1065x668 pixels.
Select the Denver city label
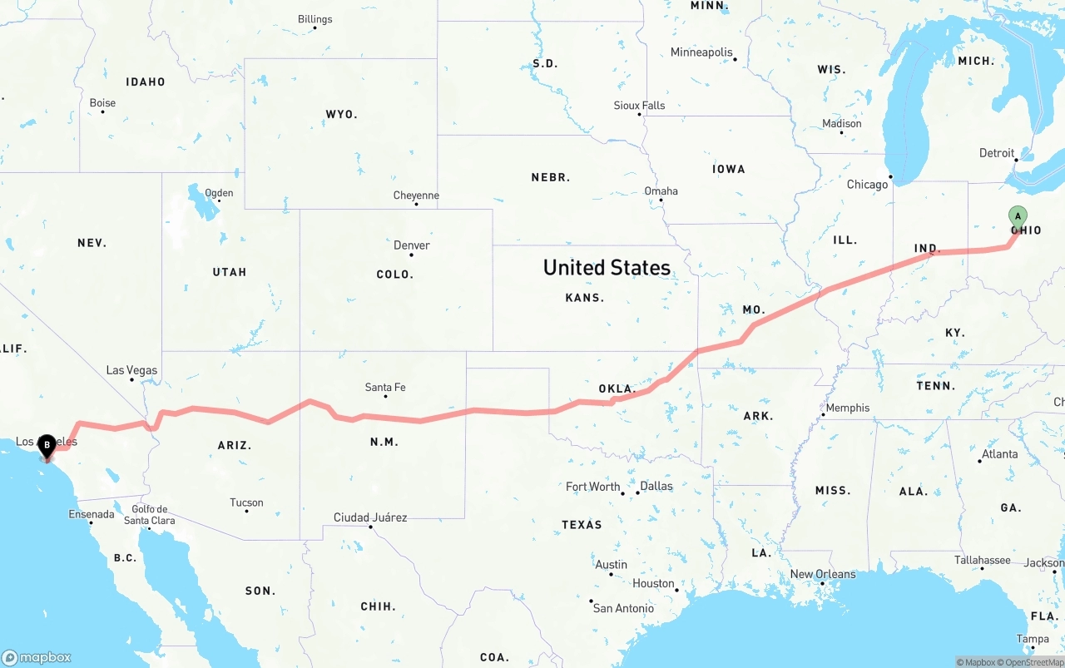(412, 245)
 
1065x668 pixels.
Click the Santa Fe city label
(385, 387)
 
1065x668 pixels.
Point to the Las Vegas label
(131, 370)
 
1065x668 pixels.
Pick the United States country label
(607, 267)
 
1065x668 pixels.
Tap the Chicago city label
(867, 185)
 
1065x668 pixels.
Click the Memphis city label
(848, 408)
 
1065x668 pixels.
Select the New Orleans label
(823, 574)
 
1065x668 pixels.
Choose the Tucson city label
(246, 502)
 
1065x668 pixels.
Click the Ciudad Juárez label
(370, 517)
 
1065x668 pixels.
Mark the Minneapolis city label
(701, 52)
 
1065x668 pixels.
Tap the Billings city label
(315, 19)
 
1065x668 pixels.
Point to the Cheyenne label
(416, 195)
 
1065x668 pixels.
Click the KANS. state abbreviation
(585, 297)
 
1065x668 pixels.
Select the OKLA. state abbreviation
(617, 388)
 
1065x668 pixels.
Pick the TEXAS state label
(582, 524)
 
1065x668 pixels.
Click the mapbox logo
(37, 657)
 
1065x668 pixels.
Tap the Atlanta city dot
(979, 461)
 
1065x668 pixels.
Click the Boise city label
(102, 103)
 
